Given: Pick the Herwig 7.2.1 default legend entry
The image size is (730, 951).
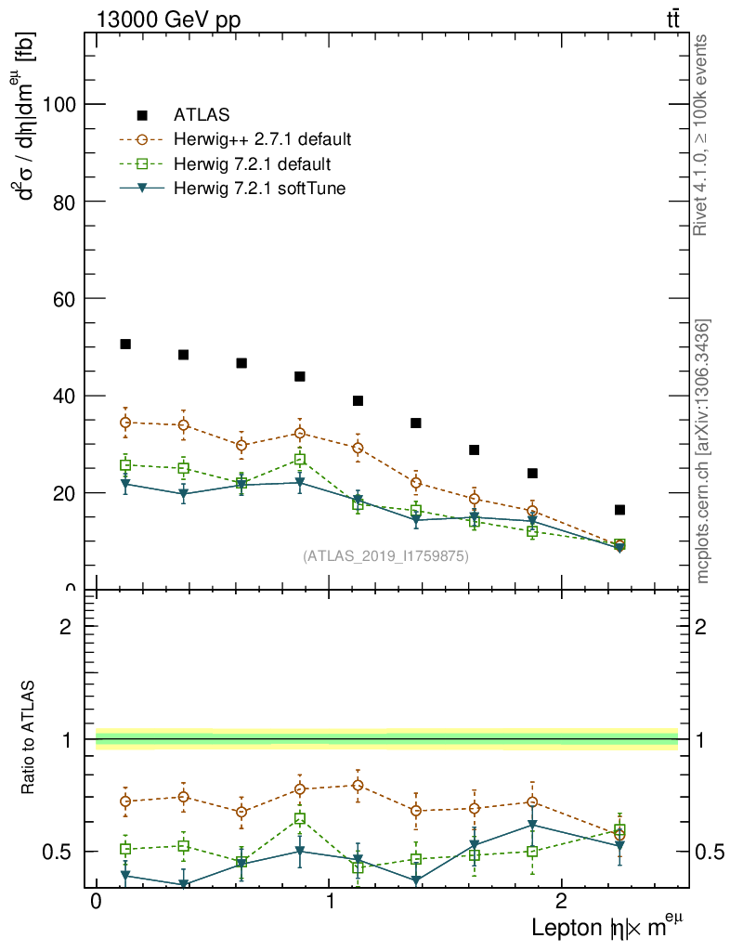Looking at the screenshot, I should pyautogui.click(x=252, y=164).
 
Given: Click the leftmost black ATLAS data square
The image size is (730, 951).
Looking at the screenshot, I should pyautogui.click(x=125, y=345).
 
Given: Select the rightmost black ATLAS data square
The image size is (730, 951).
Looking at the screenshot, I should pyautogui.click(x=619, y=510).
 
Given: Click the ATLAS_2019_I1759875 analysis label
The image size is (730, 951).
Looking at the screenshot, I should pyautogui.click(x=385, y=556).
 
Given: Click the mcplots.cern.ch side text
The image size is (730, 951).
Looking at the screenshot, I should pyautogui.click(x=703, y=451).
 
